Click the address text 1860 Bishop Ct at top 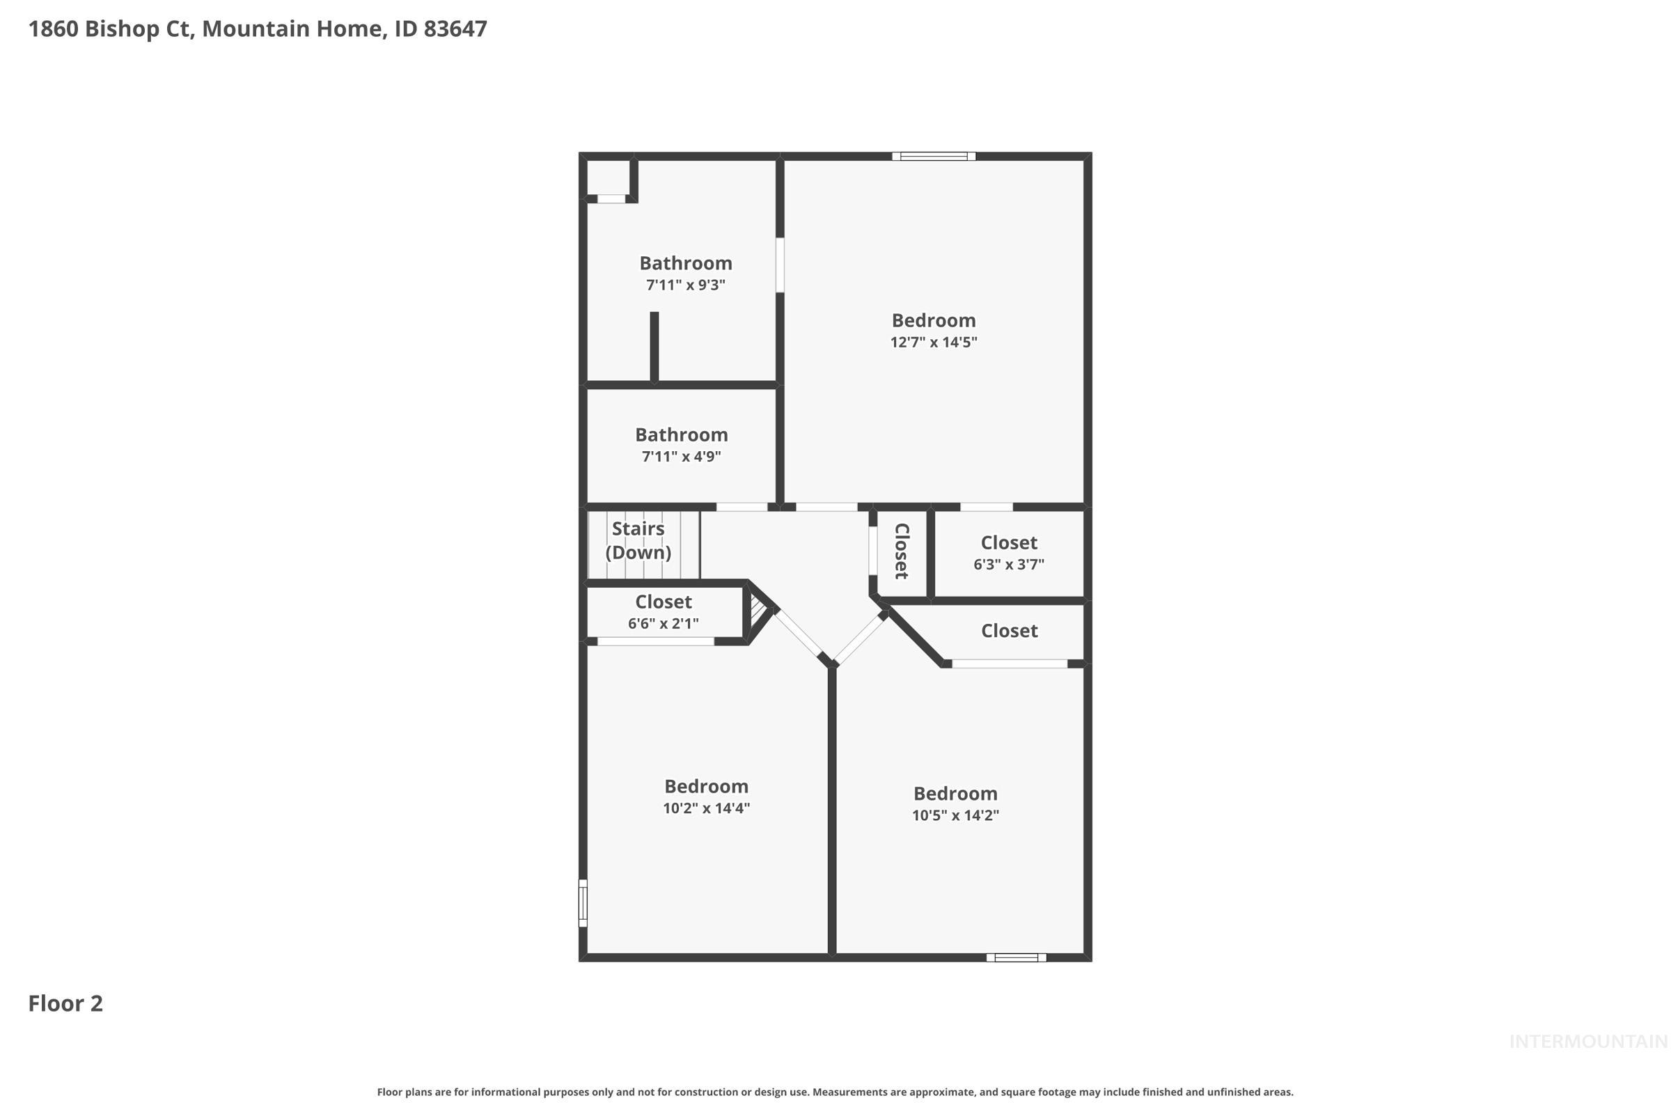(x=110, y=29)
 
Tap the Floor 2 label (x=65, y=1003)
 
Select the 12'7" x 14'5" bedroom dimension (x=934, y=343)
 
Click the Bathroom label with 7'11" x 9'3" (x=686, y=264)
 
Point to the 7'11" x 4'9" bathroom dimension (x=682, y=457)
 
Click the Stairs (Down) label (x=638, y=541)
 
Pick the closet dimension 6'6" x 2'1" (x=663, y=624)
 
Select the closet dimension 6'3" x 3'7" (x=1008, y=565)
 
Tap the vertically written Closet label (x=902, y=551)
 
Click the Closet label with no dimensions (x=1009, y=631)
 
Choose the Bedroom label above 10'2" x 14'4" (x=706, y=787)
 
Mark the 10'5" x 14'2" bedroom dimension (x=955, y=815)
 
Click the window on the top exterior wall (x=934, y=156)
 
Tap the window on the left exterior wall (x=583, y=903)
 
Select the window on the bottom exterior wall (x=1016, y=958)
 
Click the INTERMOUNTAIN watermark (x=1587, y=1042)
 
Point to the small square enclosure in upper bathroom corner (x=608, y=178)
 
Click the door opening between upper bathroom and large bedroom (x=779, y=265)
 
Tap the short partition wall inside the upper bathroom (x=654, y=347)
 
